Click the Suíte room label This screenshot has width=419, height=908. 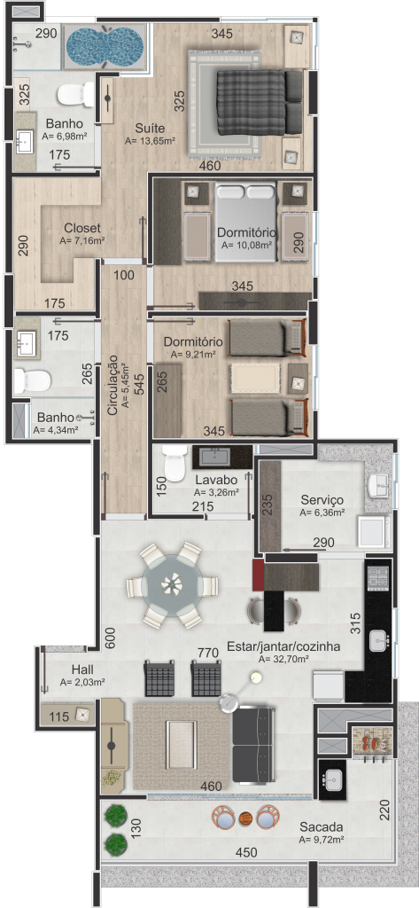pos(150,128)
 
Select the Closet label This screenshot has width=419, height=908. pos(82,228)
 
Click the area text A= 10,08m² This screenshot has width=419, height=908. pos(246,245)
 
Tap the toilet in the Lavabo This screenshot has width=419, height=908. pos(173,464)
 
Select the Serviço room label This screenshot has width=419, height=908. pos(322,500)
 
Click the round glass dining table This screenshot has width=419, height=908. pos(173,585)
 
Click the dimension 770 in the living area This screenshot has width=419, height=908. pos(208,654)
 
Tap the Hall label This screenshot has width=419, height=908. pos(82,670)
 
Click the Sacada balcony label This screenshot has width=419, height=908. pos(322,826)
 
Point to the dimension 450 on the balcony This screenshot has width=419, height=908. pos(247,852)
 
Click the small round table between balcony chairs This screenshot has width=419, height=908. pos(246,818)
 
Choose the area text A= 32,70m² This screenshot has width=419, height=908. pos(283,659)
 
